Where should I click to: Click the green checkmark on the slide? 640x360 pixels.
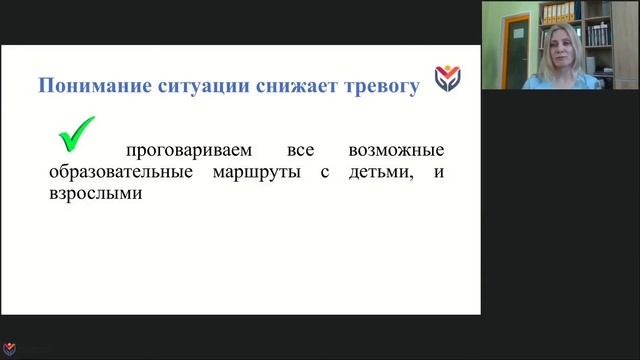[x=76, y=133]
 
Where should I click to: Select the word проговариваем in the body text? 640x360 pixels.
[x=184, y=151]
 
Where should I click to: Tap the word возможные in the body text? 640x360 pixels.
[x=396, y=151]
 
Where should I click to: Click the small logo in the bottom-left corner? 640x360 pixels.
[x=10, y=351]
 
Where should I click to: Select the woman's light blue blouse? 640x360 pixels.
[x=560, y=82]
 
